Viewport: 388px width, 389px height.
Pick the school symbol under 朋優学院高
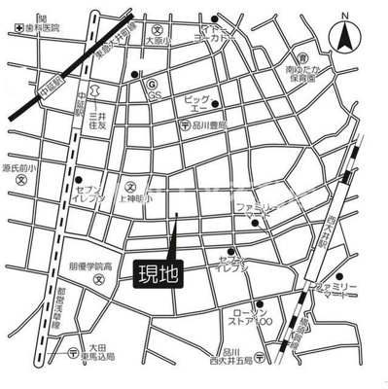point(98,281)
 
